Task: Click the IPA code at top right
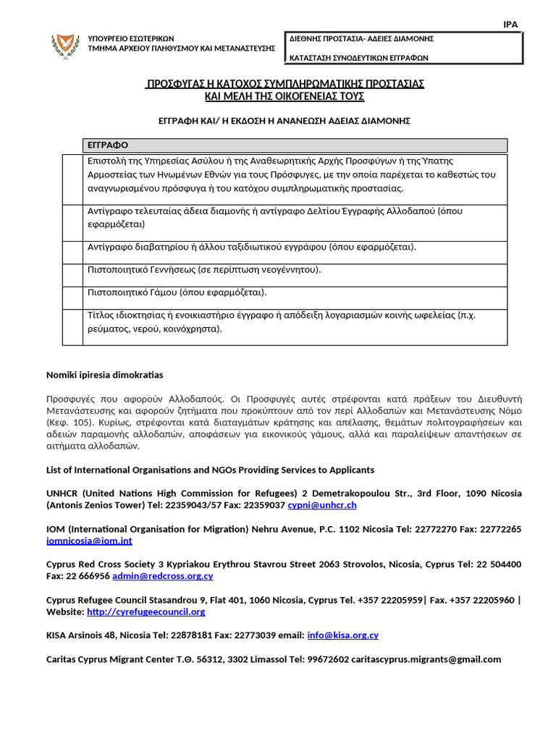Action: point(510,25)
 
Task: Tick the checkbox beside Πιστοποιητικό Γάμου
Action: point(73,297)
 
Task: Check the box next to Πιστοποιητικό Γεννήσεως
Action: point(73,274)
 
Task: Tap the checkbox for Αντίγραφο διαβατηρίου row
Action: point(73,252)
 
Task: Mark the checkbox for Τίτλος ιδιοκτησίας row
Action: point(73,327)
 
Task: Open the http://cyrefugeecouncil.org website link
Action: point(146,611)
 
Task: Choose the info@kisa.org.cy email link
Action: point(342,635)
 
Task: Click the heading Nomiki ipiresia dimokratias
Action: point(105,375)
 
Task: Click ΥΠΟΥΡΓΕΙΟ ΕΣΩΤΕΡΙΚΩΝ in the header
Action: point(130,38)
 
